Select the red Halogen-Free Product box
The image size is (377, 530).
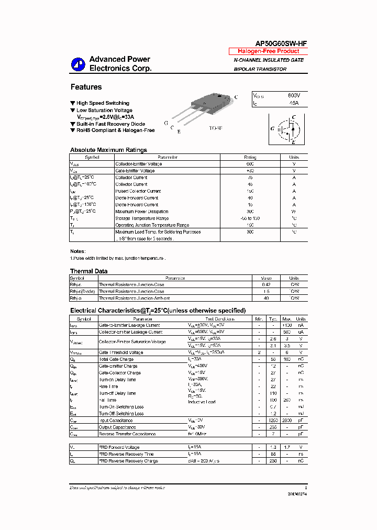click(x=268, y=51)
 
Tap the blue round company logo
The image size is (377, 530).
click(x=78, y=64)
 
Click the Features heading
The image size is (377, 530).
click(x=86, y=87)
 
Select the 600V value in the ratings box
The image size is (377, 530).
click(x=294, y=96)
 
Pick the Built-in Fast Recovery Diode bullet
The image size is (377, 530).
click(x=110, y=124)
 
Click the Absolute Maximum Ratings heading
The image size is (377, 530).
click(x=108, y=150)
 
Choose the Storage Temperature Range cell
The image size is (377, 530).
click(x=142, y=218)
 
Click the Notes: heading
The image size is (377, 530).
click(x=77, y=251)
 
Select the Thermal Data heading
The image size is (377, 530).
click(x=88, y=271)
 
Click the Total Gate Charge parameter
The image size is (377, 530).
click(x=117, y=359)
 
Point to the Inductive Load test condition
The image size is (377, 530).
click(x=202, y=402)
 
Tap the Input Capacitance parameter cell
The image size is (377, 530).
click(x=116, y=421)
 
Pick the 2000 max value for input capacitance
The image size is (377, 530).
click(x=287, y=421)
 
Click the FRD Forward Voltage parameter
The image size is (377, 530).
click(x=119, y=447)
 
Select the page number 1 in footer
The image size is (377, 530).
click(x=305, y=488)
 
